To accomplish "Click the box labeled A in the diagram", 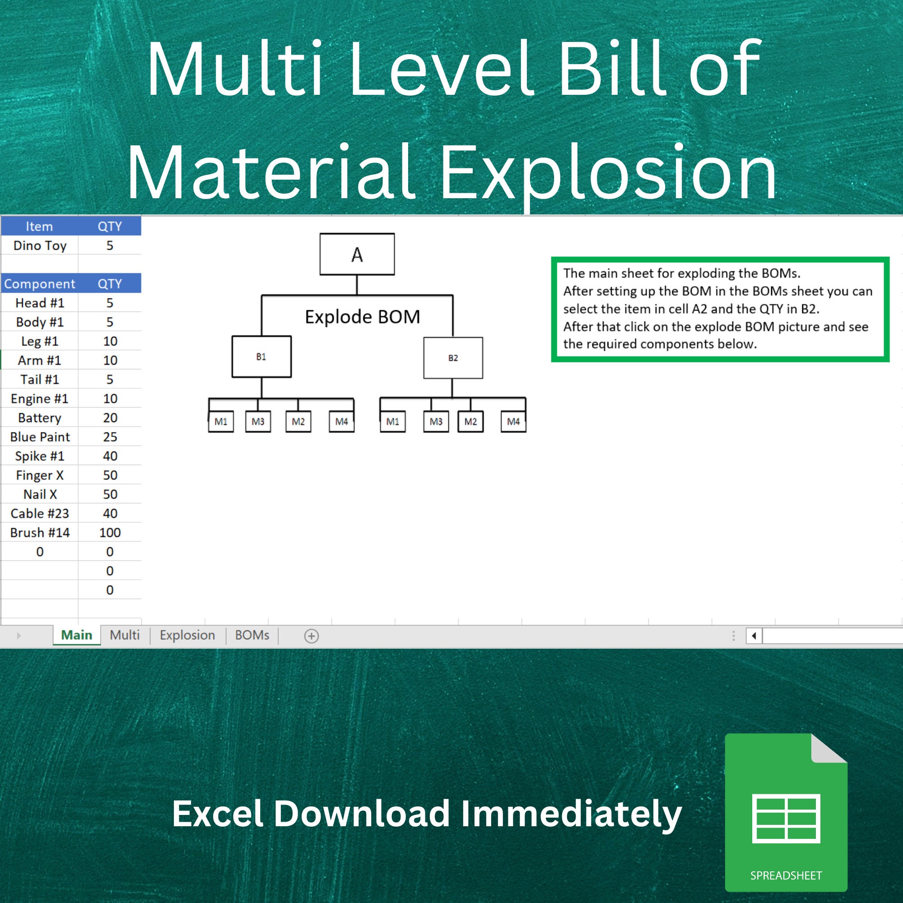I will pos(357,254).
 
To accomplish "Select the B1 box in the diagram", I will pos(261,357).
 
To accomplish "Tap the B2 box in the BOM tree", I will pos(453,358).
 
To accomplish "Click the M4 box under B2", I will pos(513,422).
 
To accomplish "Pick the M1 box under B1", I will pos(221,422).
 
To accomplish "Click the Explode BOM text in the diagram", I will pos(362,317).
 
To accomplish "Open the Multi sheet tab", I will pos(124,635).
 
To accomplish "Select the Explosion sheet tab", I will pos(187,635).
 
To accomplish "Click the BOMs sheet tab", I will pos(252,635).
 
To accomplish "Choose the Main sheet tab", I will pos(77,635).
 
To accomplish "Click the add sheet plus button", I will pos(311,636).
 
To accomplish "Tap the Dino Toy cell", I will pos(40,245).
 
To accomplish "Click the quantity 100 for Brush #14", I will pos(110,532).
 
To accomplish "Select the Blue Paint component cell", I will pos(40,437).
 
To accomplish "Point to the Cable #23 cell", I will pos(40,513).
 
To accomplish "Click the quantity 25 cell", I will pos(110,437).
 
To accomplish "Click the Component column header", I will pos(40,284).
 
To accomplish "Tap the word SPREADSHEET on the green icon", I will pos(786,875).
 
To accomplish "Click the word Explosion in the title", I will pos(608,173).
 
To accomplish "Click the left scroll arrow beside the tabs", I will pos(754,636).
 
